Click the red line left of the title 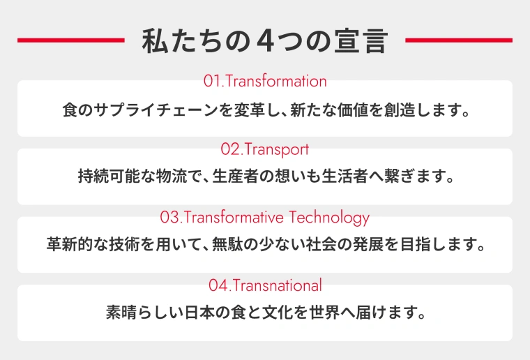[70, 40]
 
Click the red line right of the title [458, 40]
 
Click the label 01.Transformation [265, 81]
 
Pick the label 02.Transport [265, 149]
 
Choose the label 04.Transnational [265, 285]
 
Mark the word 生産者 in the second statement [241, 178]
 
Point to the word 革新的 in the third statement [73, 246]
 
